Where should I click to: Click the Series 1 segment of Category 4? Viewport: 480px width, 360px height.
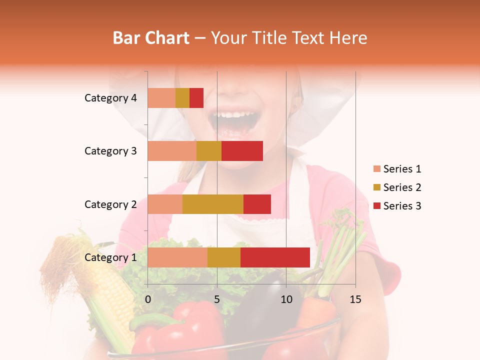(161, 98)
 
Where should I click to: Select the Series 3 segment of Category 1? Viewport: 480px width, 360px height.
(275, 257)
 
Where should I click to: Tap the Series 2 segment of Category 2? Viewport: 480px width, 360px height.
(213, 204)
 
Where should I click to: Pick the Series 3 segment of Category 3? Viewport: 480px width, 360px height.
(242, 151)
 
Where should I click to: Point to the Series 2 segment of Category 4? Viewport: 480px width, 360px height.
(182, 98)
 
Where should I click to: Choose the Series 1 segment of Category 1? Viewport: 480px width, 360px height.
(177, 257)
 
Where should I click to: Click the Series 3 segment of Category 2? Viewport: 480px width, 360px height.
(257, 204)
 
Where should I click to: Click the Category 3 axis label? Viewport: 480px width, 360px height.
(110, 151)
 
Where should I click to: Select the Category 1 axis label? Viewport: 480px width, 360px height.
(110, 257)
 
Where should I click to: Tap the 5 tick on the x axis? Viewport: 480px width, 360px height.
(217, 299)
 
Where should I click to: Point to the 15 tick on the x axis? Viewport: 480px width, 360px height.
(355, 299)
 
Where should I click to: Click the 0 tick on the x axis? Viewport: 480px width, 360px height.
(148, 299)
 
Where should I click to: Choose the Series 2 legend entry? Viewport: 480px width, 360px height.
(402, 187)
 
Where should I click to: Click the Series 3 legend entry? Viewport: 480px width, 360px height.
(402, 206)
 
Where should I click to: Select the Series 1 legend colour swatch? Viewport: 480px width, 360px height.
(376, 169)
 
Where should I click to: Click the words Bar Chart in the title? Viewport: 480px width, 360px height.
(151, 38)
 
